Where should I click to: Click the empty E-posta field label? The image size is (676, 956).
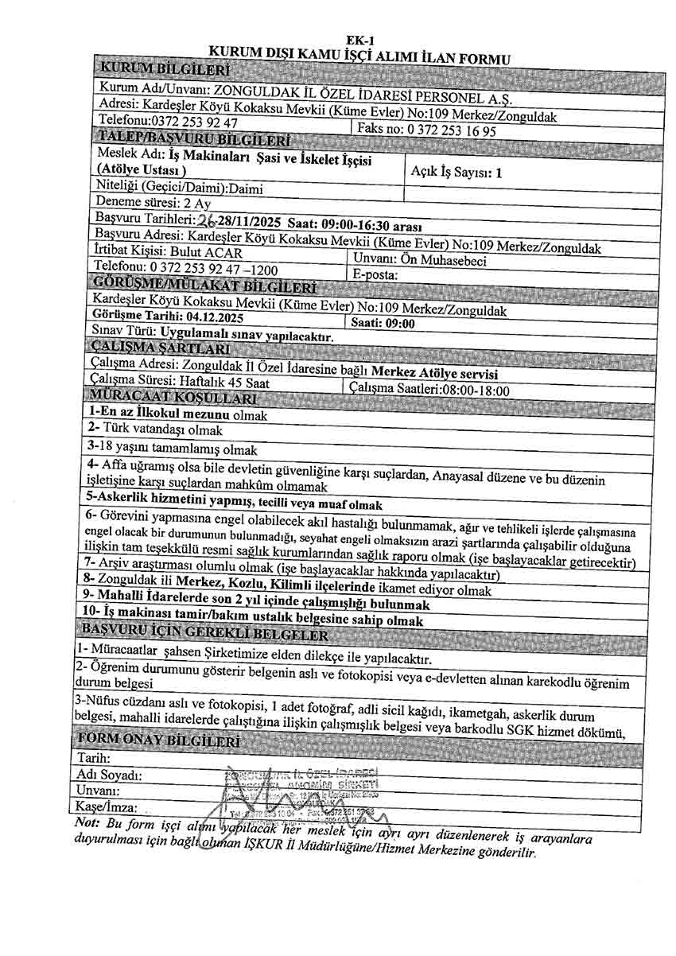(x=374, y=275)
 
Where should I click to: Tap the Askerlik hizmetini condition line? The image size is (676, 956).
(x=234, y=504)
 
